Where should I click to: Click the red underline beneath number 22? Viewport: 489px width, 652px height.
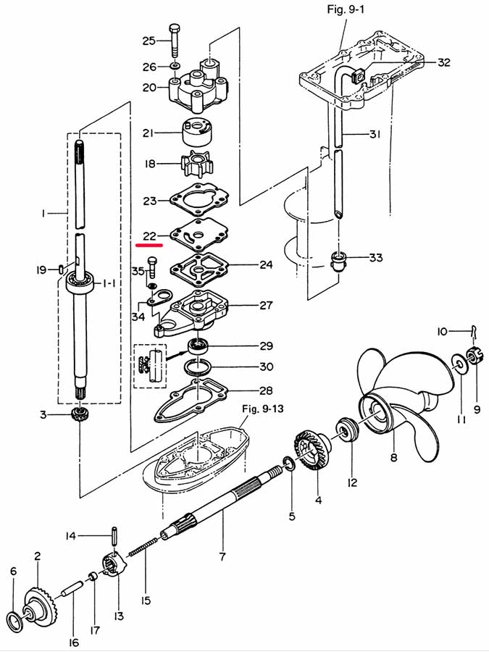click(149, 245)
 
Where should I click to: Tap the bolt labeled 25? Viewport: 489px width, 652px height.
click(174, 41)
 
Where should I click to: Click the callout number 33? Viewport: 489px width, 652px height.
click(376, 258)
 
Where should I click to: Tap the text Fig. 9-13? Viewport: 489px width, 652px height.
click(263, 409)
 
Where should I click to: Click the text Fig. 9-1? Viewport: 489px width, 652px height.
click(346, 9)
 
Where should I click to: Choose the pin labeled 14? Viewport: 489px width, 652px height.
click(114, 537)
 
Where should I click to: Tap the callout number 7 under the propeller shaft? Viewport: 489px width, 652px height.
click(222, 556)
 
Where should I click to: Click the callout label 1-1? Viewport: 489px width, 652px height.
click(109, 283)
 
